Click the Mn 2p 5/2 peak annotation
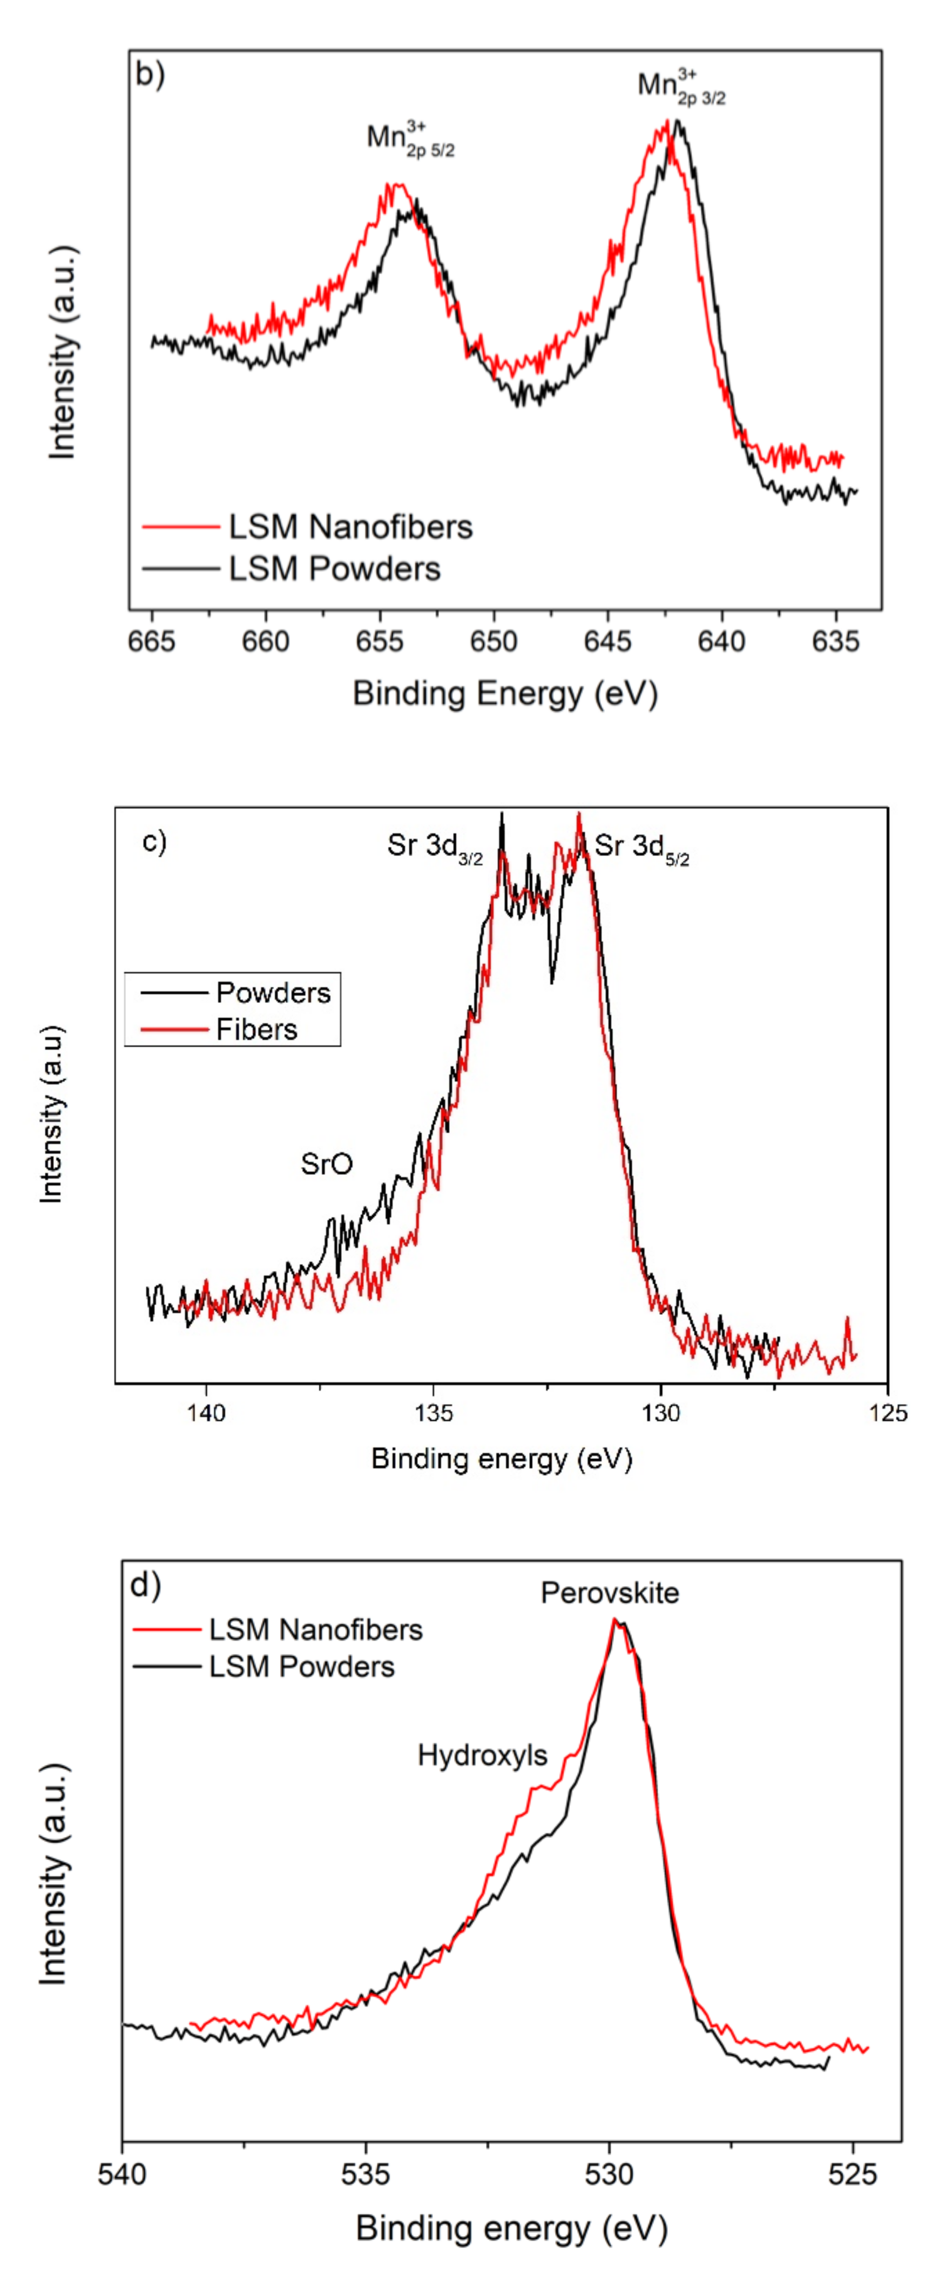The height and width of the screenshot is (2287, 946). click(x=409, y=139)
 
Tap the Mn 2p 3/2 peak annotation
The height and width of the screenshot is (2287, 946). click(x=681, y=87)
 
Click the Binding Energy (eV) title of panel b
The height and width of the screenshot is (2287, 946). click(x=505, y=693)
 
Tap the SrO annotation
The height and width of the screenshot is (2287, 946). click(x=327, y=1164)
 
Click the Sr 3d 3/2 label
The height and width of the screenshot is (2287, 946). click(x=434, y=847)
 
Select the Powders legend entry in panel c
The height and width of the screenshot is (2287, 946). click(x=273, y=993)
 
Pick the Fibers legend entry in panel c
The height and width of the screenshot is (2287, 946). click(x=256, y=1029)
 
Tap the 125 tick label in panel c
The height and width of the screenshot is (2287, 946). click(x=888, y=1412)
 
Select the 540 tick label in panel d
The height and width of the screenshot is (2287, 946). click(x=123, y=2174)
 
